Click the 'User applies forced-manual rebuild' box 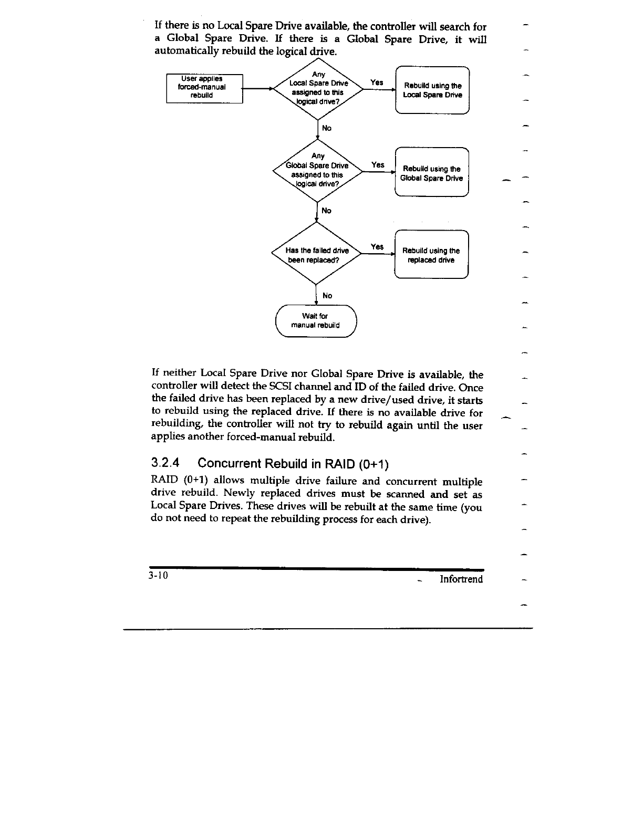tap(204, 89)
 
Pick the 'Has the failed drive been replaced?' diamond tap(317, 255)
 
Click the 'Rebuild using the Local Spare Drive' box tap(432, 90)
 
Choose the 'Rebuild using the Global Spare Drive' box tap(431, 173)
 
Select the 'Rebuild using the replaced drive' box tap(431, 255)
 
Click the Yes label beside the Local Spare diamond tap(377, 82)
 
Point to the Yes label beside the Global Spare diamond tap(378, 165)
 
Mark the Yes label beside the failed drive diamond tap(377, 247)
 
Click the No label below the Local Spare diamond tap(327, 128)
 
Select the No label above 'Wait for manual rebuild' tap(327, 296)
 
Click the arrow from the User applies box tap(257, 89)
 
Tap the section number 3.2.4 tap(165, 463)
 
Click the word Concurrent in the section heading tap(230, 464)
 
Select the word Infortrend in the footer tap(461, 579)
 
